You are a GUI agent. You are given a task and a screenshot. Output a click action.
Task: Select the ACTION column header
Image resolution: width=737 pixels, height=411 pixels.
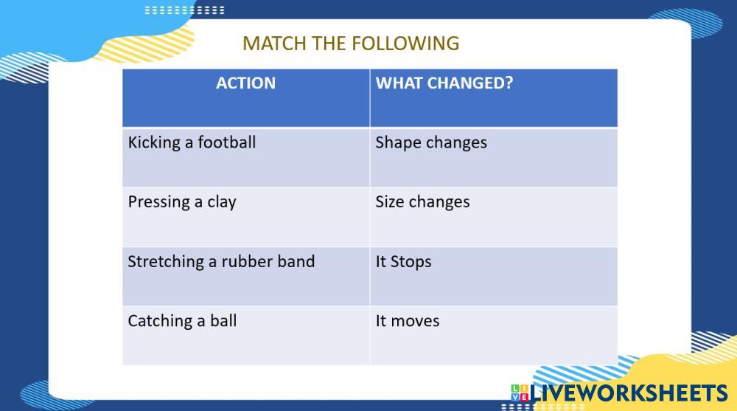pos(246,98)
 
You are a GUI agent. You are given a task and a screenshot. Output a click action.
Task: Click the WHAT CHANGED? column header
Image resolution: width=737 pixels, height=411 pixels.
pos(494,98)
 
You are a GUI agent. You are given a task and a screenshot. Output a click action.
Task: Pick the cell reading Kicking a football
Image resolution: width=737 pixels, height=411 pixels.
pos(246,157)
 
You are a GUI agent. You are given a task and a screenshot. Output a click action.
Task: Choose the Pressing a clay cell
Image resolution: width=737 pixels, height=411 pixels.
pos(246,217)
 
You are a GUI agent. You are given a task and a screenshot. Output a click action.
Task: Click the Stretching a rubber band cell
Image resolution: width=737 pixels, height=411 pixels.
pos(246,277)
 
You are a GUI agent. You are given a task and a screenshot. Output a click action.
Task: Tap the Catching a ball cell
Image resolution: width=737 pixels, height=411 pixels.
pos(246,336)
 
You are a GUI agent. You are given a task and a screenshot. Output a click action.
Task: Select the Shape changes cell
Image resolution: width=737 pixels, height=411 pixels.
pos(494,157)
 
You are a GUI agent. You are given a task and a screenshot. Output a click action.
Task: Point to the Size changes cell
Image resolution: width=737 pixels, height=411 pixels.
pos(494,217)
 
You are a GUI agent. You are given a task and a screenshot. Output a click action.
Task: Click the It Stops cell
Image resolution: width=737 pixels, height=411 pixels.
pos(494,277)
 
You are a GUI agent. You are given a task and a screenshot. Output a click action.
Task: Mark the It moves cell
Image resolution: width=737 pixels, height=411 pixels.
pos(494,336)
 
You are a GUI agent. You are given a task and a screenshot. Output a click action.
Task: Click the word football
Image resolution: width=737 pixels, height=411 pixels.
pos(226,142)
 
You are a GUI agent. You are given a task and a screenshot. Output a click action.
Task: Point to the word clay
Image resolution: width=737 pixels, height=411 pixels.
pos(222,203)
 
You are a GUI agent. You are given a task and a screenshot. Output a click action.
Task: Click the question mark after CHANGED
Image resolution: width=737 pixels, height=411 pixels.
pos(509,83)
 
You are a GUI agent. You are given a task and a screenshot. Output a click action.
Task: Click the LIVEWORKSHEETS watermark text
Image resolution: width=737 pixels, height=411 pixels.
pos(629,393)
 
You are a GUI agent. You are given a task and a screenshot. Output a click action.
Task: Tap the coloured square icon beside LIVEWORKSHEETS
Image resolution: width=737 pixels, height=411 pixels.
pos(520,393)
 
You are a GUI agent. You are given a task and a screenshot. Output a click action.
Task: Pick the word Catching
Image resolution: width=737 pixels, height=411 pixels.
pos(160,322)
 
